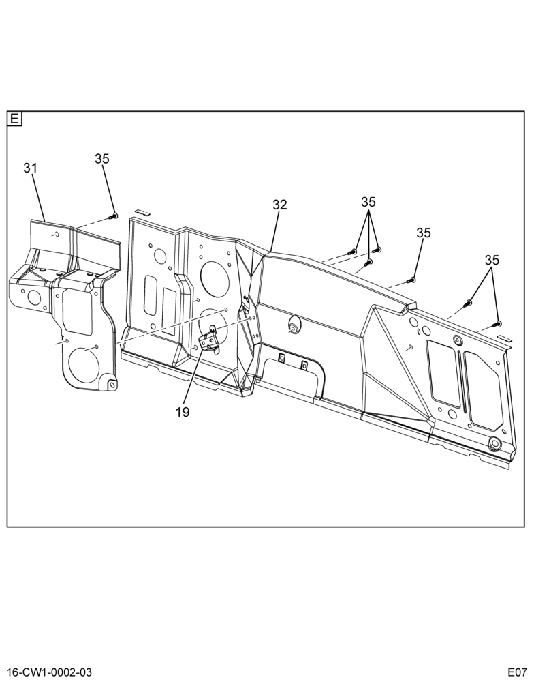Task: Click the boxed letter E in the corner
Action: point(15,119)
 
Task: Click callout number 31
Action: point(30,168)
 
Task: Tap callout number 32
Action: point(280,205)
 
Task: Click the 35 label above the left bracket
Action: point(102,159)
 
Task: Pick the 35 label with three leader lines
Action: point(368,203)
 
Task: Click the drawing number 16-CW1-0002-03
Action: point(46,672)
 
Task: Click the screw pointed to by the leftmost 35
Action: point(114,216)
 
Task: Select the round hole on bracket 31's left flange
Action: point(33,297)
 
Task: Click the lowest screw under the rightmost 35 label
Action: point(497,323)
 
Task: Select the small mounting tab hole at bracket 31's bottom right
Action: point(112,385)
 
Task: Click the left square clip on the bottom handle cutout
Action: point(281,358)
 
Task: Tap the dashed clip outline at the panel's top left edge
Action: point(142,212)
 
